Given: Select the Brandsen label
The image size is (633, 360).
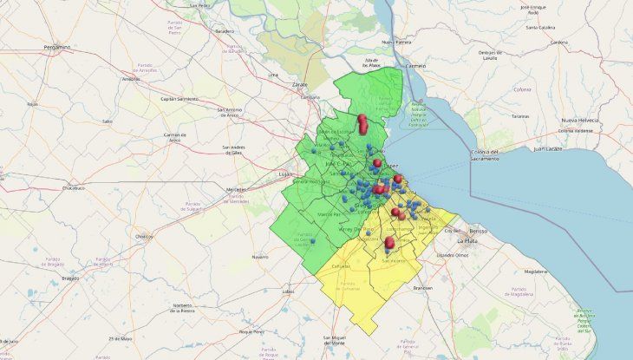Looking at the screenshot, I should (422, 287).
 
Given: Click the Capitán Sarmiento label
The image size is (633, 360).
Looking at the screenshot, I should (179, 99).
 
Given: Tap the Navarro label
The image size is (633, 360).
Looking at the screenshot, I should (260, 257).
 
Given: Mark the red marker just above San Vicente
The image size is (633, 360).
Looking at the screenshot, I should (389, 243).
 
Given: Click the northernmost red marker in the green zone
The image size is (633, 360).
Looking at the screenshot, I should (362, 121).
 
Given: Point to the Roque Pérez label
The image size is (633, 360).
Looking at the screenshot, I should (252, 332).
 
